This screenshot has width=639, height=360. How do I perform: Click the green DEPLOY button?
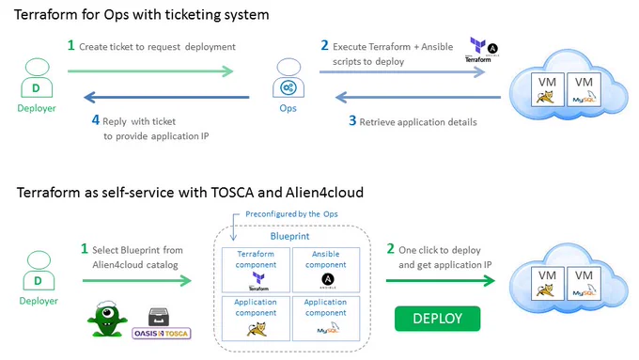437,319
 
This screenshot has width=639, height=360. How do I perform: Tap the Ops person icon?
288,78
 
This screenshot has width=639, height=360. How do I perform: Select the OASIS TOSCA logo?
162,333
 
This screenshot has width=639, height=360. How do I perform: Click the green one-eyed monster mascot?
107,320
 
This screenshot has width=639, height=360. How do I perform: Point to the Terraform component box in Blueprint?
256,270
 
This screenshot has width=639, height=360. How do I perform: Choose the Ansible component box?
326,270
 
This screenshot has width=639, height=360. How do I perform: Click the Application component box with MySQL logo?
326,319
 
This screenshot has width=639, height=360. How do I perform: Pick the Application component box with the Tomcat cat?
256,319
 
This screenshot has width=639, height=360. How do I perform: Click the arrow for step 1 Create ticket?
150,71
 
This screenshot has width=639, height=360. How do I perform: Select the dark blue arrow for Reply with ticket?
166,97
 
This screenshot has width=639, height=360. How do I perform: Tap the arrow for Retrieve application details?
418,97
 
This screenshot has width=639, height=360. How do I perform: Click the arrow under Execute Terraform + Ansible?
402,72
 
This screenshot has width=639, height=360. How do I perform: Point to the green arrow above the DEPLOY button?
441,280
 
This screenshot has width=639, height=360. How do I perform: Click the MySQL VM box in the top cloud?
584,89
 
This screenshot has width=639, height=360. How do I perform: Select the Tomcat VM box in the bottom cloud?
547,283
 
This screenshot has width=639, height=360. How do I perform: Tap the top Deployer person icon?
37,78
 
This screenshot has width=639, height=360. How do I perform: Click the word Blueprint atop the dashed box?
289,236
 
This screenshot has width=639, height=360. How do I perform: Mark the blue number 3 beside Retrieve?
352,120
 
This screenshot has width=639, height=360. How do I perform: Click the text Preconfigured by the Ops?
291,214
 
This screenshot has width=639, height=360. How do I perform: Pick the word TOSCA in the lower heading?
232,192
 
